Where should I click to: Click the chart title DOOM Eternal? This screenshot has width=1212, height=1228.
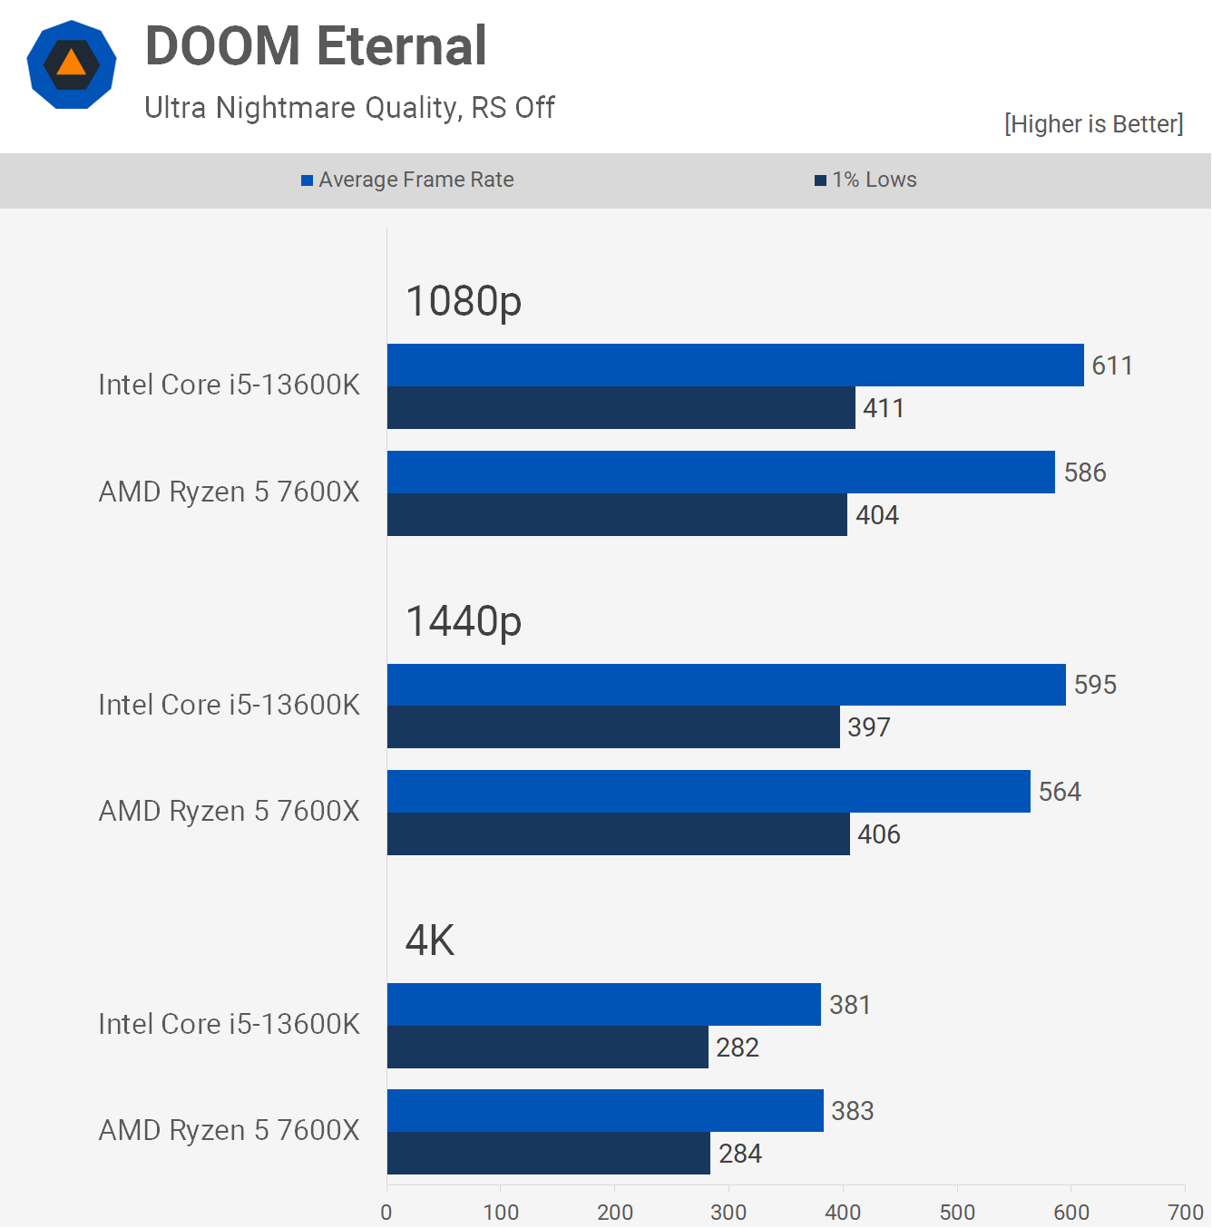(316, 46)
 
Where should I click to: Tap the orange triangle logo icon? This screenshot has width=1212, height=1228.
(71, 64)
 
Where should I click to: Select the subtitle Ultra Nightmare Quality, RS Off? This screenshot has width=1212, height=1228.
(349, 108)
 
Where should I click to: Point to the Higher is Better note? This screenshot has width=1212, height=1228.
(1093, 124)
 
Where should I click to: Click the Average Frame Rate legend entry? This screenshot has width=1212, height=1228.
(408, 180)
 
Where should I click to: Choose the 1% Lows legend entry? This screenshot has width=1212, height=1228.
(866, 180)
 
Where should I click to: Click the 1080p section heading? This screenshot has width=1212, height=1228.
(464, 301)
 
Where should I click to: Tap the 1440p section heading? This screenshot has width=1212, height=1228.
(464, 621)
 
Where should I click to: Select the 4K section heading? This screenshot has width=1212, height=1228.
(430, 940)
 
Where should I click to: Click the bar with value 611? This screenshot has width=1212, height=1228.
(735, 365)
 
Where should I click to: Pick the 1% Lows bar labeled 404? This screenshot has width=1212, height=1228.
(617, 515)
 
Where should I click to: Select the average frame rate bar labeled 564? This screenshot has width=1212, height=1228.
(709, 792)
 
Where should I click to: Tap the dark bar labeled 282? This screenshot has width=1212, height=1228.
(547, 1048)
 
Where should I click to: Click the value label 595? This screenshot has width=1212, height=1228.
(1095, 685)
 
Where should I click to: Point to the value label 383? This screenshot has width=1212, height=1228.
(853, 1111)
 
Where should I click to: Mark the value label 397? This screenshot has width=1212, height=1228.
(869, 727)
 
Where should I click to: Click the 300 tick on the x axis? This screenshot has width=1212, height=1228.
(728, 1213)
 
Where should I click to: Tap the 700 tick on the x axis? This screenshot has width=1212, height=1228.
(1186, 1213)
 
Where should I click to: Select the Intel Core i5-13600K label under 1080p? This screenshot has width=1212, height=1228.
(229, 385)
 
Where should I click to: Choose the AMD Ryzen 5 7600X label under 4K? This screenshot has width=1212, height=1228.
(229, 1131)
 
